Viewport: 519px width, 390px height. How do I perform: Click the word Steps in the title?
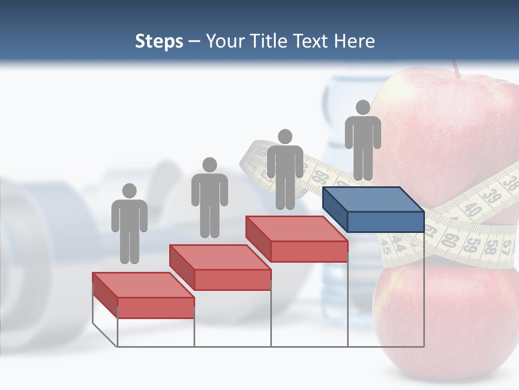[159, 41]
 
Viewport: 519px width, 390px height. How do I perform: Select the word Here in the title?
[354, 41]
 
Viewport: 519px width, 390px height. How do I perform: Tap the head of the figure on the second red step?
[209, 165]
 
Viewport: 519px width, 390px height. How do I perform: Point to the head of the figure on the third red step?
[285, 136]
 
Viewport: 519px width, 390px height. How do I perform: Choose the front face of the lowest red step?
[156, 308]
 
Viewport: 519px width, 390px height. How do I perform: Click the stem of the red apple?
[456, 69]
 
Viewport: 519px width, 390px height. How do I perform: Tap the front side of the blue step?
[385, 222]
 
